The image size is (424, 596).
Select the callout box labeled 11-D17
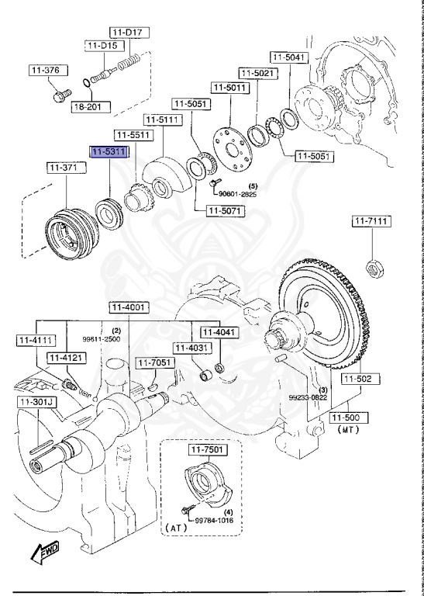click(129, 32)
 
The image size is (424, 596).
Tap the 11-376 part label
click(44, 71)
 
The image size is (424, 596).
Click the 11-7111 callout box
click(371, 222)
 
